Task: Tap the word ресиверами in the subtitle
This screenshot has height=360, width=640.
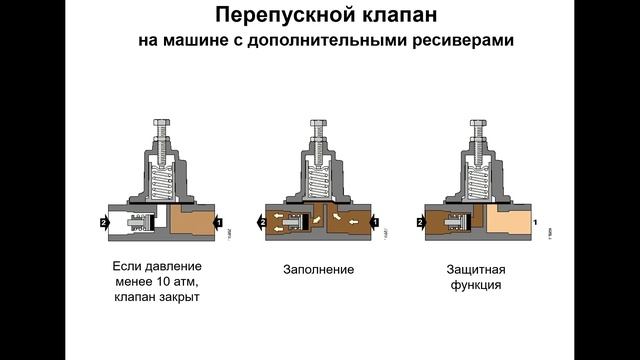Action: click(x=463, y=41)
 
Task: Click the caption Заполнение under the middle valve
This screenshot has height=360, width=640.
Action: click(x=318, y=270)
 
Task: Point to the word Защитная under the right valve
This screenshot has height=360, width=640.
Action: click(x=476, y=269)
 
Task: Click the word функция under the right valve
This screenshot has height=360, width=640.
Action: click(x=476, y=284)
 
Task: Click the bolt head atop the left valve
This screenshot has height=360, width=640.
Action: click(x=162, y=122)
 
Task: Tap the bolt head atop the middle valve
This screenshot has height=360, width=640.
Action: click(x=318, y=123)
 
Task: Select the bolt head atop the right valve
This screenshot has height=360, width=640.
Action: click(x=478, y=123)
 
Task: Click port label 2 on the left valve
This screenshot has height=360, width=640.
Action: click(x=104, y=223)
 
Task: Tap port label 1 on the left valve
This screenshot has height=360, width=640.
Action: click(x=219, y=223)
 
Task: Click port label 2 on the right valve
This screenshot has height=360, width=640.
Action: click(x=420, y=223)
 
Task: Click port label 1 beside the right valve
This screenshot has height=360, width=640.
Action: click(x=535, y=222)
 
